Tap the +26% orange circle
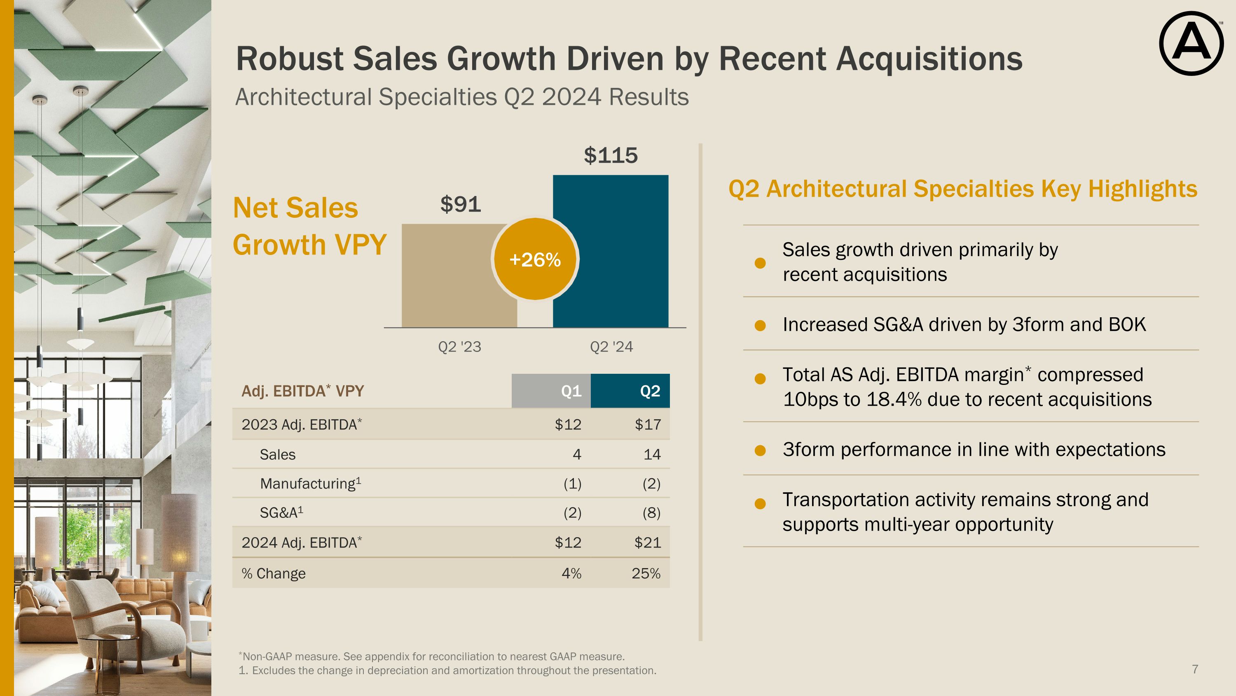535,260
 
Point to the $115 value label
610,156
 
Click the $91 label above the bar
460,204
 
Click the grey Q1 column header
551,391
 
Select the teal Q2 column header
630,391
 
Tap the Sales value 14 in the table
652,454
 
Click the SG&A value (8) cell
651,513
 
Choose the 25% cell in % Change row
646,573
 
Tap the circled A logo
1191,43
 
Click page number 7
1195,669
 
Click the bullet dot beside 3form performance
760,451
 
